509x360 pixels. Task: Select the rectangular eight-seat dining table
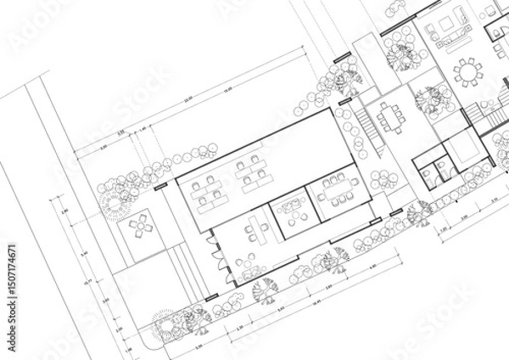[391, 115]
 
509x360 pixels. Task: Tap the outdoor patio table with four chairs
[141, 227]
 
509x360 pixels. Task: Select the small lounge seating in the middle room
[292, 211]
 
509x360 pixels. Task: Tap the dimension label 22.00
[188, 99]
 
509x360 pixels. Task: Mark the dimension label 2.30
[239, 327]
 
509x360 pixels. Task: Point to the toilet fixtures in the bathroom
[440, 168]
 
